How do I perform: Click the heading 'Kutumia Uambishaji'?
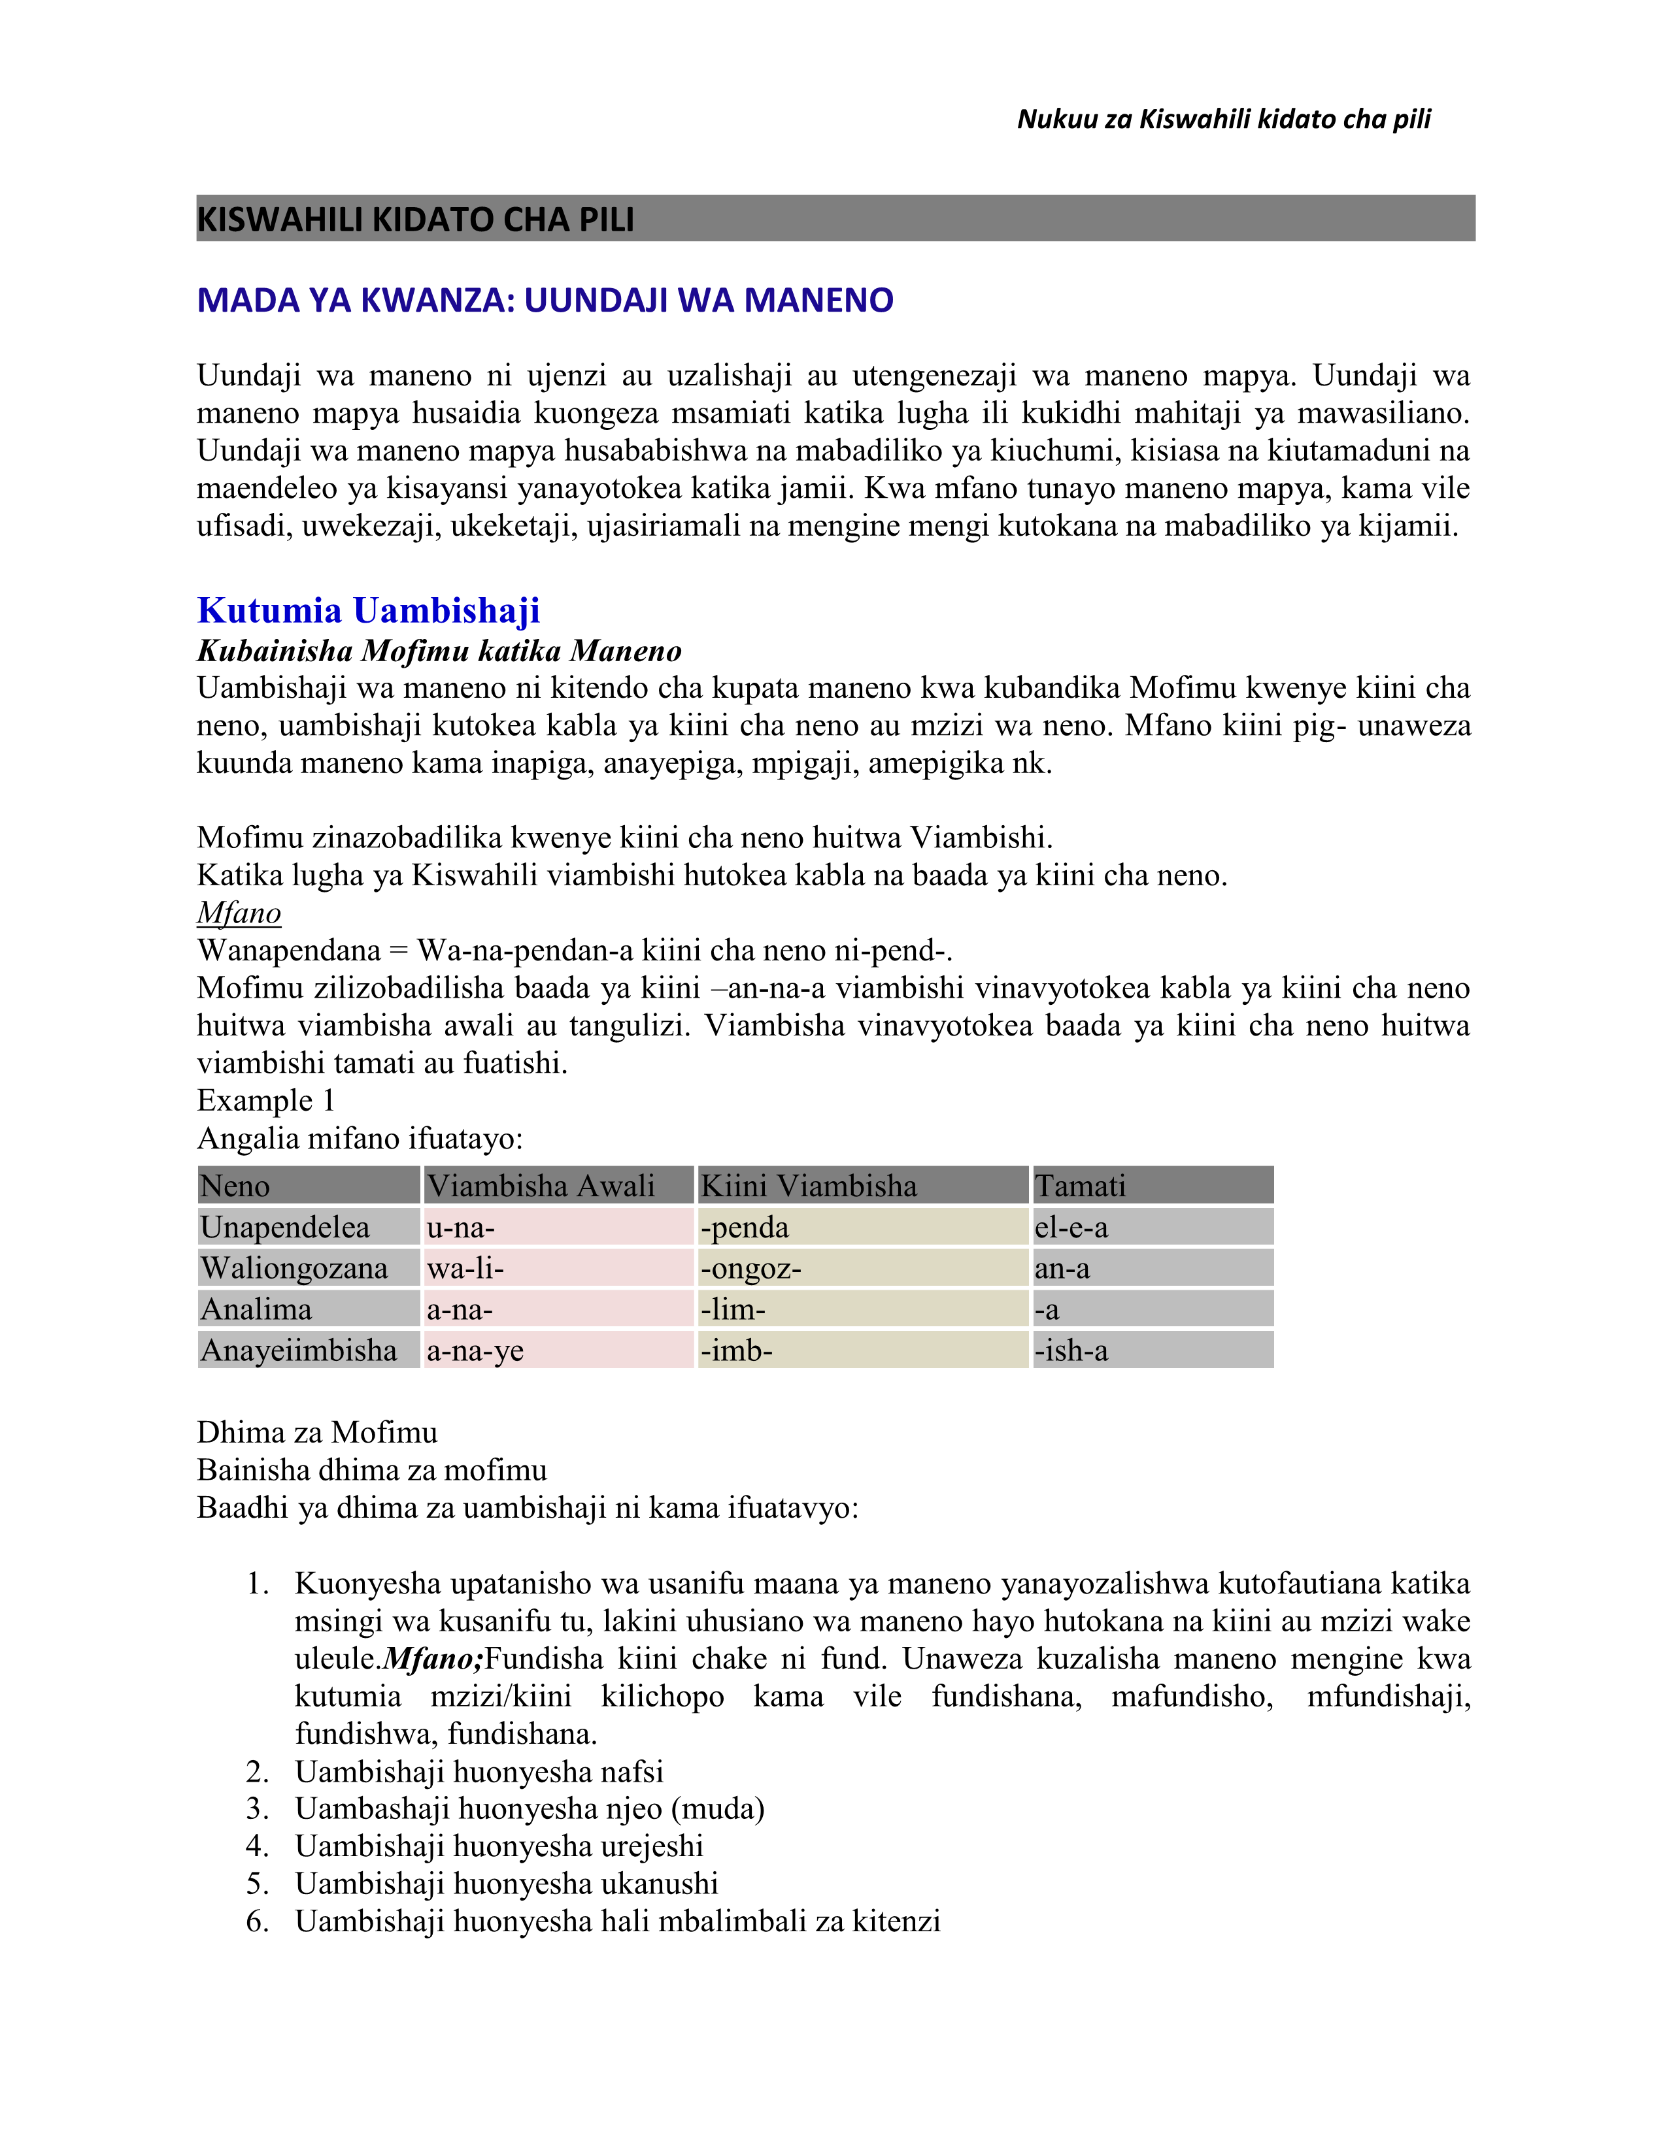368,611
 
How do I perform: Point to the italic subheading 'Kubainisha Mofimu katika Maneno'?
439,651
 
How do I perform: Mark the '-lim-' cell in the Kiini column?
733,1310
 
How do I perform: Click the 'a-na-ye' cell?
475,1350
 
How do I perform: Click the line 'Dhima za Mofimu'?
317,1432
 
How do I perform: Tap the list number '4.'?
258,1846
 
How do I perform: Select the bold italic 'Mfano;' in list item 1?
433,1658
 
